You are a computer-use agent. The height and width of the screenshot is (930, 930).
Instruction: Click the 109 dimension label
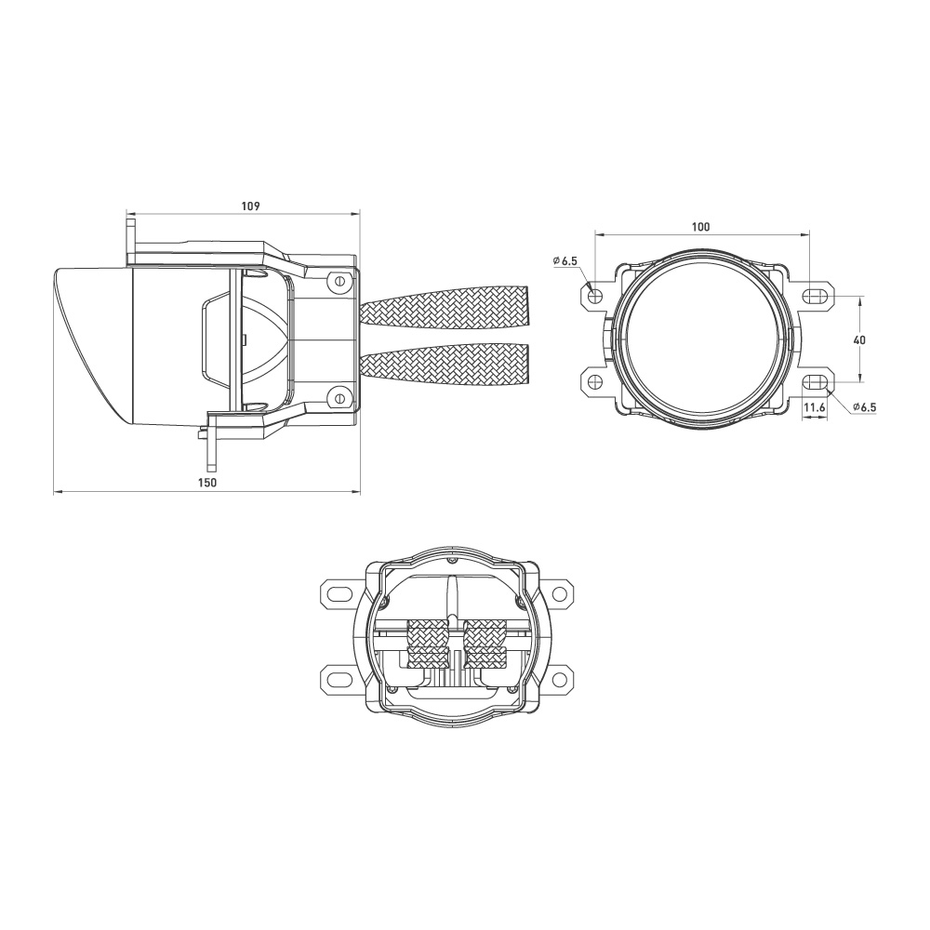tap(249, 205)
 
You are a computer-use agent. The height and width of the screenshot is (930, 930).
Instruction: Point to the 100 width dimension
tap(701, 226)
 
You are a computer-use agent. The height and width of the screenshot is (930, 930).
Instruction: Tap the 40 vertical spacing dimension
tap(859, 340)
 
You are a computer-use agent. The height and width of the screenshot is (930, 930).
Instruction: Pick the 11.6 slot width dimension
tap(816, 407)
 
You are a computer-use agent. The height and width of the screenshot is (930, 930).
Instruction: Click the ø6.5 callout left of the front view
tap(565, 262)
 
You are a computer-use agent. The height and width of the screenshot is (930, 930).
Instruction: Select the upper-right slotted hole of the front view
tap(816, 297)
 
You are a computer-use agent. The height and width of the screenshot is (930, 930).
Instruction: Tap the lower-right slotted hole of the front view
tap(816, 380)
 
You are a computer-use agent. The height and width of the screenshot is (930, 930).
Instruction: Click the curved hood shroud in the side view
tap(93, 344)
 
